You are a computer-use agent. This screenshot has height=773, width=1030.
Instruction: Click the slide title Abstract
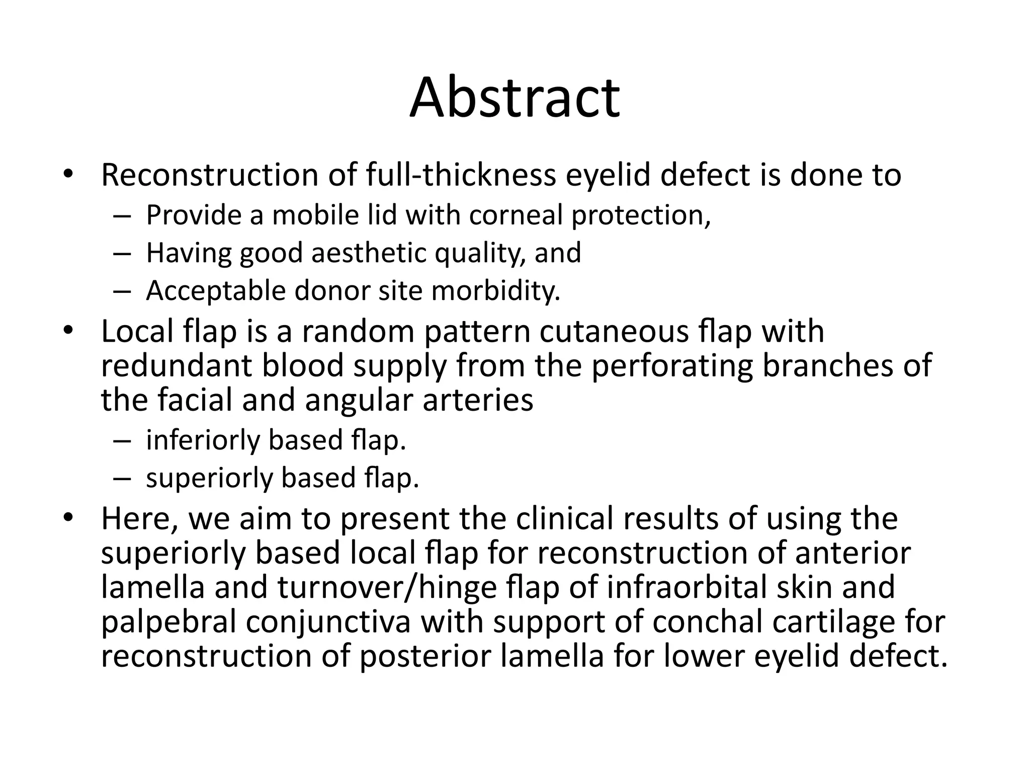click(x=514, y=98)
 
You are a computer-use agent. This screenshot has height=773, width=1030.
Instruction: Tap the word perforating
click(x=671, y=366)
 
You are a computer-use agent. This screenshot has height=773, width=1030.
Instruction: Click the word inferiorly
click(x=203, y=440)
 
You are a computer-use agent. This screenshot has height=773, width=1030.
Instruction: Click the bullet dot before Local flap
click(x=68, y=332)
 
